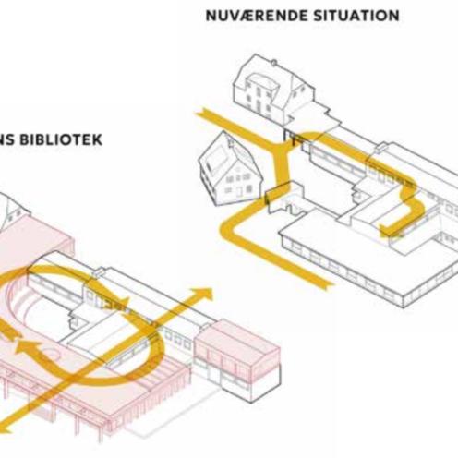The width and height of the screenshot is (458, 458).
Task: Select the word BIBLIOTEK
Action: [61, 139]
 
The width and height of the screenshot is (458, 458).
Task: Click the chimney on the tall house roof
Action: [273, 63]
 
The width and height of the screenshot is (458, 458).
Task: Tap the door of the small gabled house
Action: [239, 192]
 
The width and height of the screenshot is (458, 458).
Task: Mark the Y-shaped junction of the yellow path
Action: [280, 147]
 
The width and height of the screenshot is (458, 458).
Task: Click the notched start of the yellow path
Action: [200, 114]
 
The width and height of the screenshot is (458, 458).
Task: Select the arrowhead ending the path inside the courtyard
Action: [387, 231]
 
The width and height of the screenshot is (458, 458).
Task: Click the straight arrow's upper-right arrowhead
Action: [204, 295]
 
